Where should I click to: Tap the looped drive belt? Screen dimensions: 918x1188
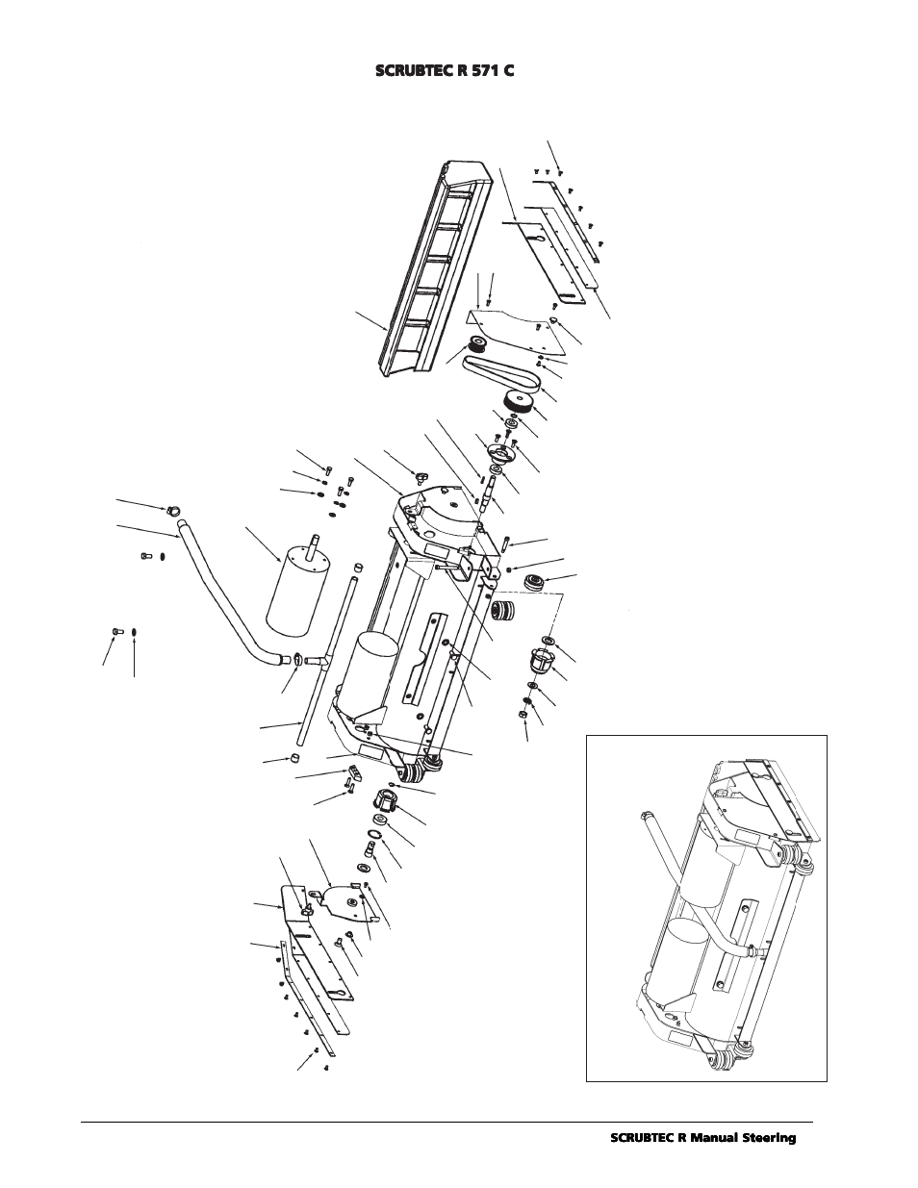click(x=502, y=371)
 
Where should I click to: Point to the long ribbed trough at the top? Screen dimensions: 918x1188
click(x=434, y=267)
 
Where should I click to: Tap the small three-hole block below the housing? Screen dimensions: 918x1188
click(x=354, y=771)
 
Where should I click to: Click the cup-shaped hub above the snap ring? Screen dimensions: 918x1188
click(x=385, y=803)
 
